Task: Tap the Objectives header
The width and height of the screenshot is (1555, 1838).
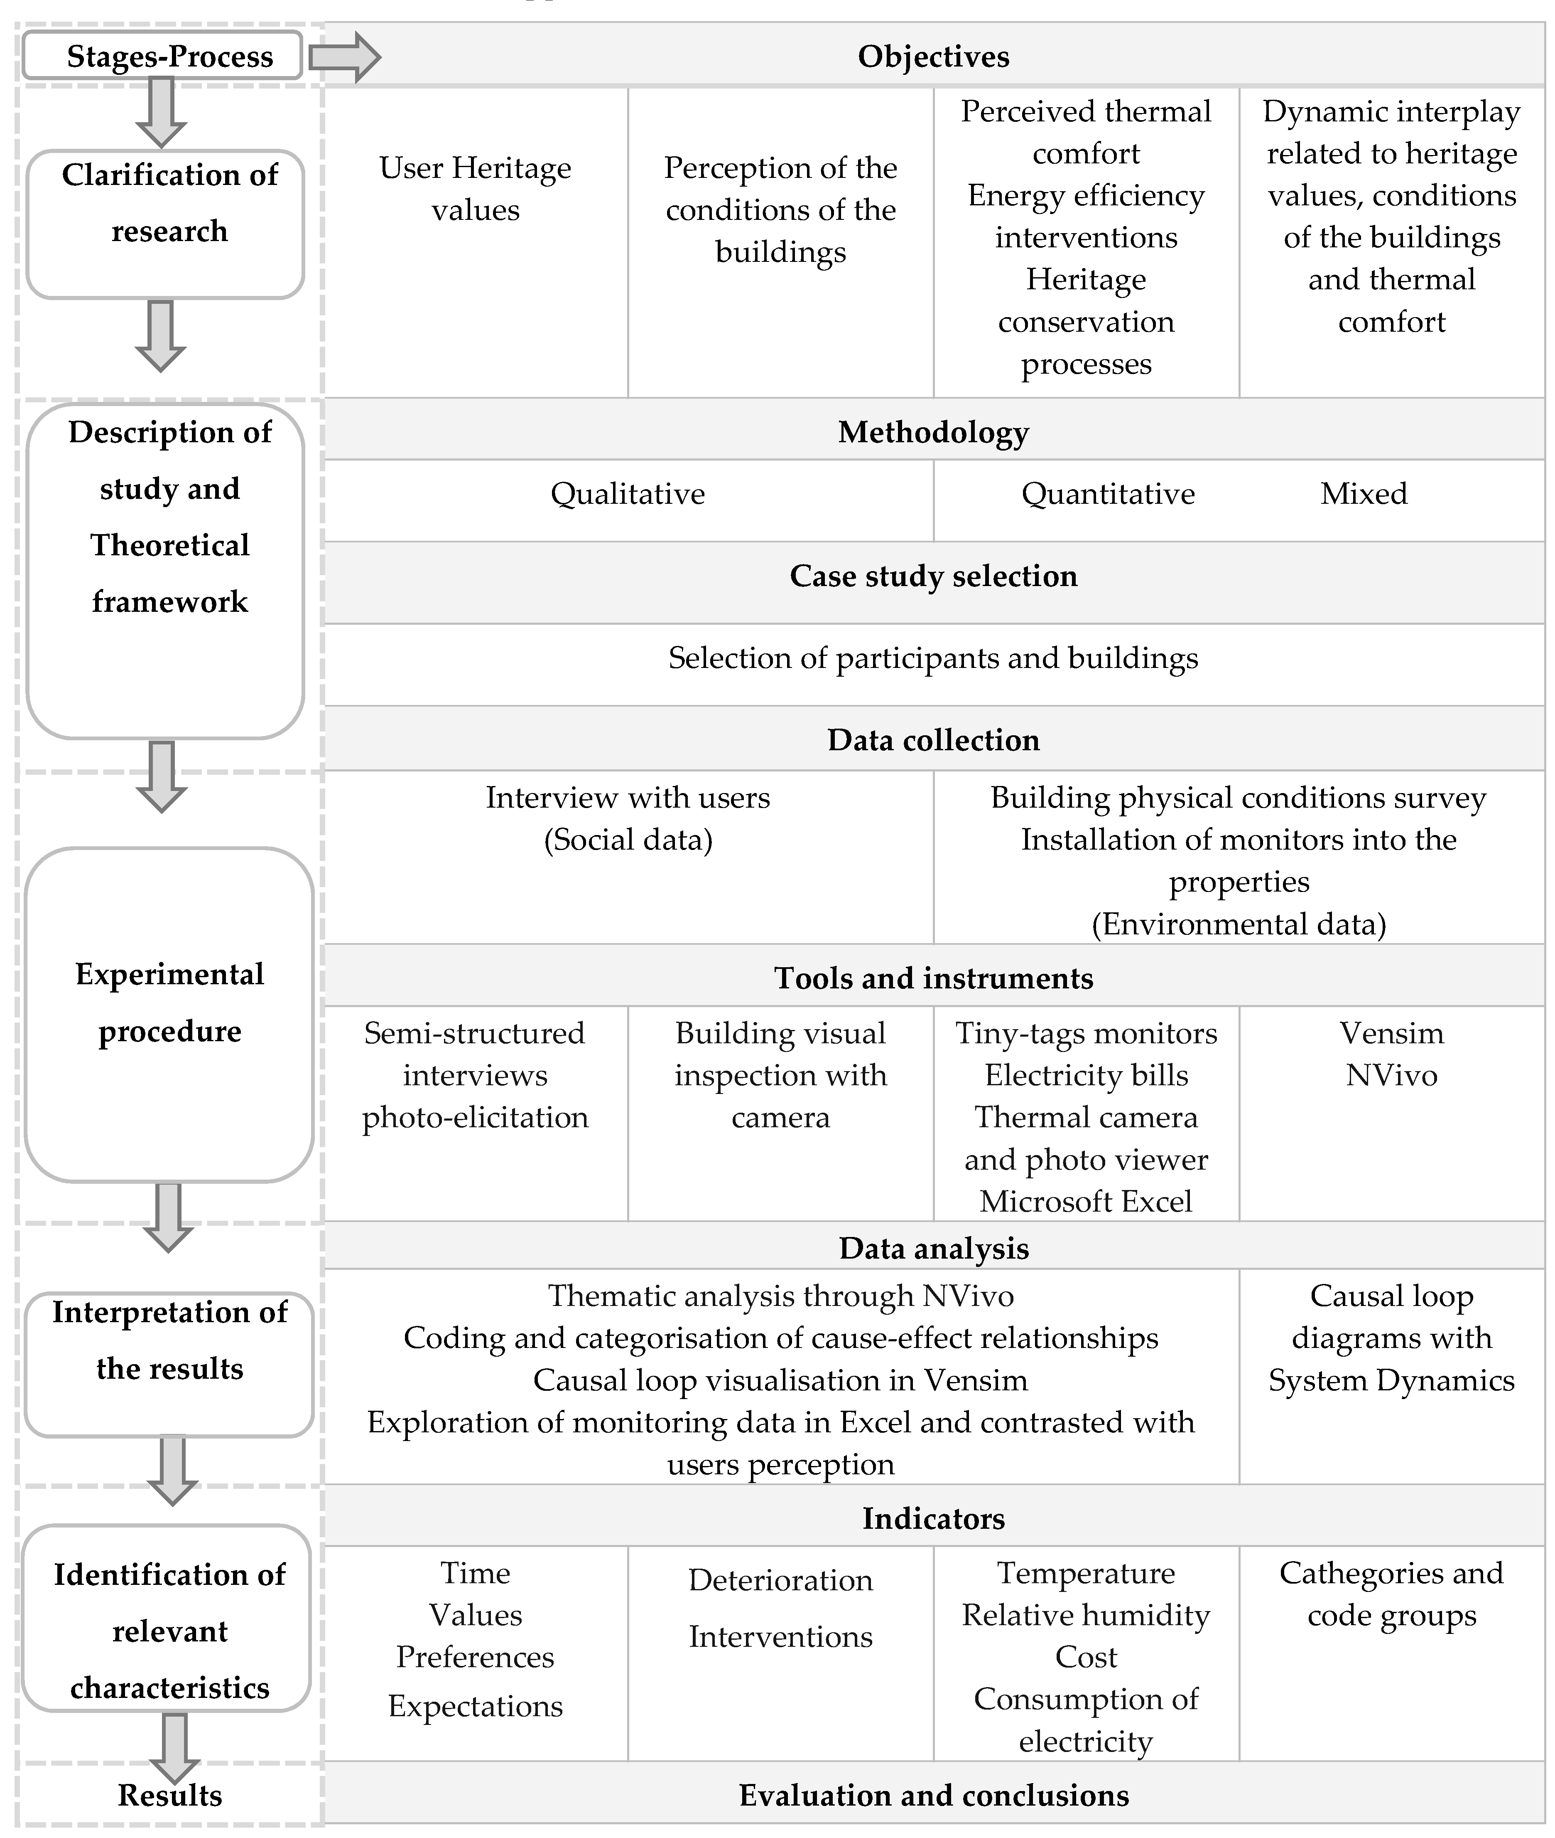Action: (934, 57)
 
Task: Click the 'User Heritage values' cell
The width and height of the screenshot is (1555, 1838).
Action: (475, 189)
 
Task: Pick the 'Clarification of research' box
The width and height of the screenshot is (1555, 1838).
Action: (166, 224)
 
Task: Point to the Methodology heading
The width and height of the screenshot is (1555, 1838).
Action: (934, 432)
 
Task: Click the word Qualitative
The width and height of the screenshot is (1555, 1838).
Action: (628, 494)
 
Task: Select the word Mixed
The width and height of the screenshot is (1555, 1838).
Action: (1364, 494)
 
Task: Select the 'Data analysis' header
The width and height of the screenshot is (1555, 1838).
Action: (934, 1248)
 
